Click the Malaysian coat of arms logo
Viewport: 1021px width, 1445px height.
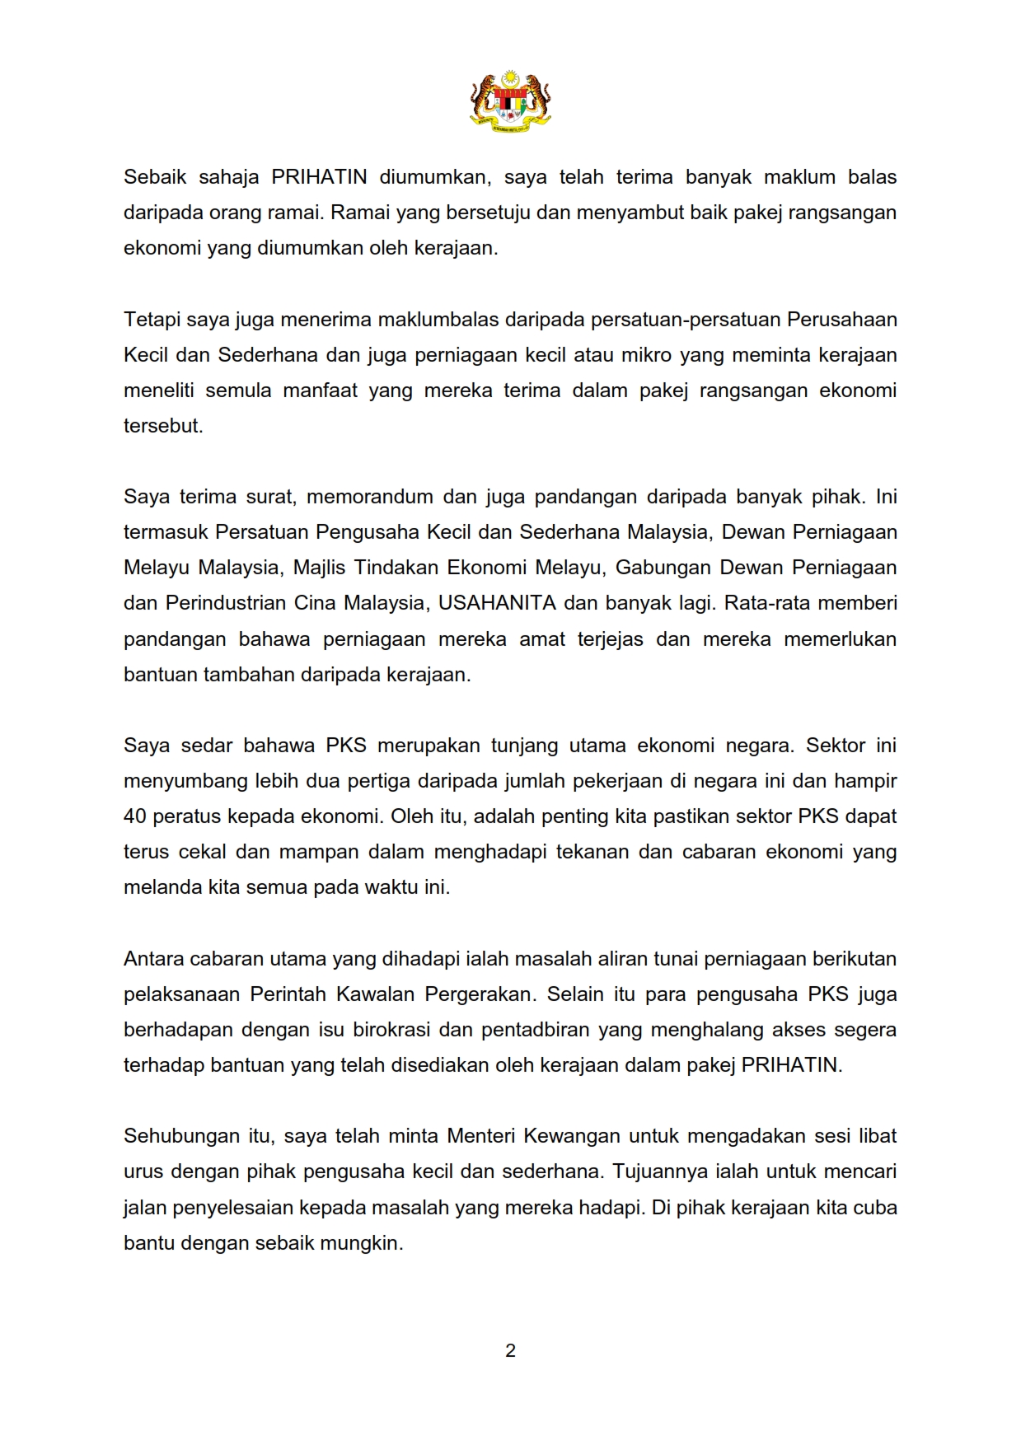pyautogui.click(x=510, y=101)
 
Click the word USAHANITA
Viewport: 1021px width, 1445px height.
pyautogui.click(x=497, y=603)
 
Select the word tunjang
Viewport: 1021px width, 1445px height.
pyautogui.click(x=523, y=746)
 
